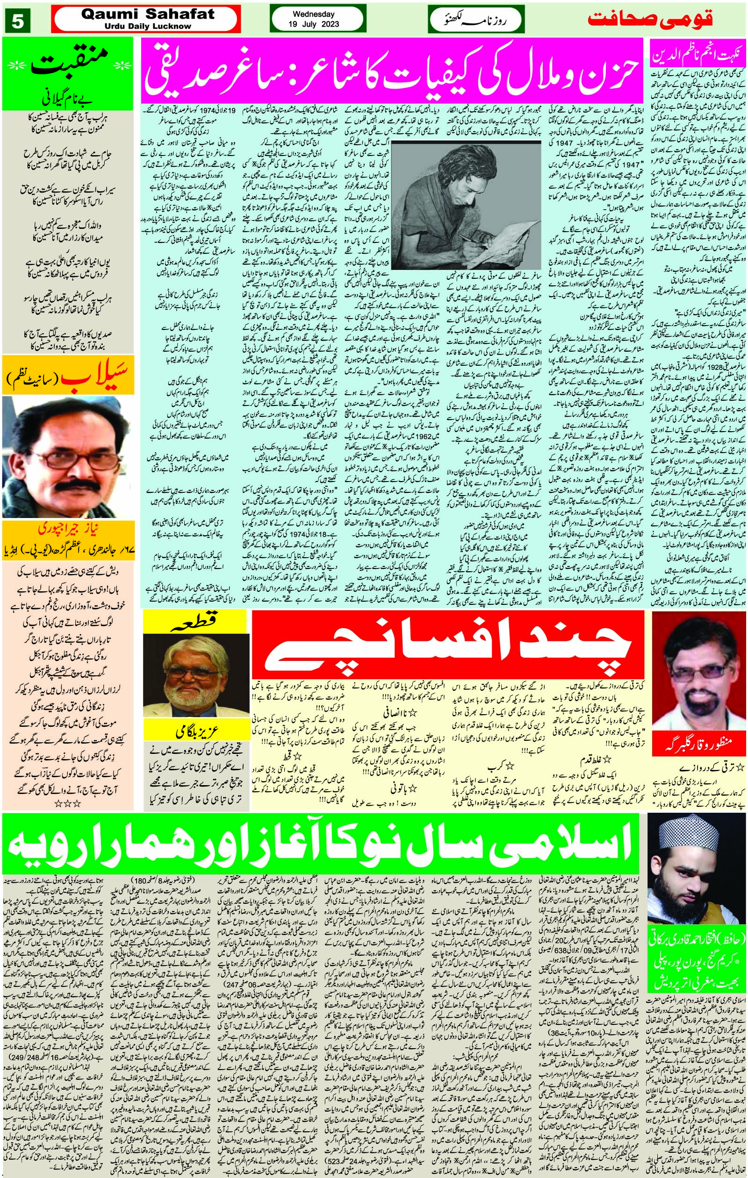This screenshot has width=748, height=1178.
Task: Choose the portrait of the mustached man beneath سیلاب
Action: [68, 456]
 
